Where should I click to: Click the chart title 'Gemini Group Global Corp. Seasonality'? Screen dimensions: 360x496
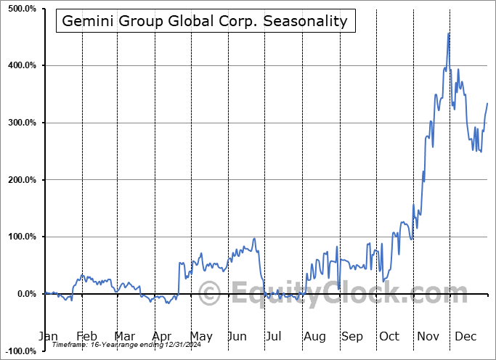tap(206, 21)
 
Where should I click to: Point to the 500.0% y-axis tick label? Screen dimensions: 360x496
tap(21, 9)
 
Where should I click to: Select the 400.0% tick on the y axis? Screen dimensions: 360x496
tap(21, 65)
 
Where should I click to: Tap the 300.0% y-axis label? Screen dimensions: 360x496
tap(21, 123)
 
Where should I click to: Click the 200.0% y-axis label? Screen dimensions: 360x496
tap(21, 180)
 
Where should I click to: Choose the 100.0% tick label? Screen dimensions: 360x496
tap(21, 237)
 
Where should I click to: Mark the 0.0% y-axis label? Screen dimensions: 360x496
tap(25, 294)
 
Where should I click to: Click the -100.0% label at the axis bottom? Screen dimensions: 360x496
tap(20, 351)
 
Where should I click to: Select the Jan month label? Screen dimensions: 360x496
tap(47, 337)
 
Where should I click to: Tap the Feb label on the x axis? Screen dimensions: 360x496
tap(86, 337)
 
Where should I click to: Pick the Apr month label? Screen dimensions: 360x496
tap(162, 337)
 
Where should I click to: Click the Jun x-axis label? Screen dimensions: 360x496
tap(237, 337)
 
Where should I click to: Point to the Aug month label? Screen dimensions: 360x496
tap(315, 337)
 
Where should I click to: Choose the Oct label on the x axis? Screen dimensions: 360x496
tap(389, 337)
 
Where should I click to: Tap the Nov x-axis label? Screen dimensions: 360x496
tap(429, 337)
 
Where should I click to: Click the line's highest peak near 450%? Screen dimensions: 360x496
tap(449, 33)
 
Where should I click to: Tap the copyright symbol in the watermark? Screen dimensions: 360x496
tap(209, 295)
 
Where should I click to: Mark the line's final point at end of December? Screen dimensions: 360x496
tap(487, 103)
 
